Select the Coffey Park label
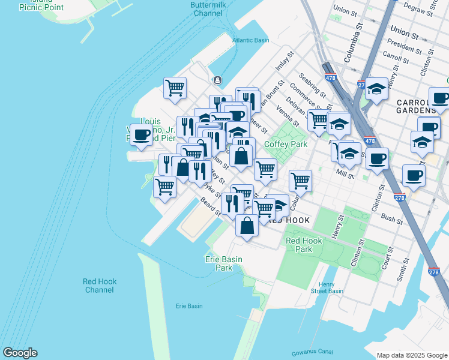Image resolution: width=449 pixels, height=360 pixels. [286, 144]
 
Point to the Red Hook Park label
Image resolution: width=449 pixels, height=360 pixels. [304, 244]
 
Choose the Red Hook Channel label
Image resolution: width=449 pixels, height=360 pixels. [100, 286]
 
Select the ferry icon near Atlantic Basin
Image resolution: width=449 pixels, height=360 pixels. [216, 80]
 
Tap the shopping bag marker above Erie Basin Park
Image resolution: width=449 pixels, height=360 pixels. [247, 226]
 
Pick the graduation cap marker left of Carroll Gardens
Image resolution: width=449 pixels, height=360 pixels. [376, 89]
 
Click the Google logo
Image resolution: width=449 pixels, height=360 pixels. [20, 353]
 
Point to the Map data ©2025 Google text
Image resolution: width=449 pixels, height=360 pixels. [411, 355]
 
